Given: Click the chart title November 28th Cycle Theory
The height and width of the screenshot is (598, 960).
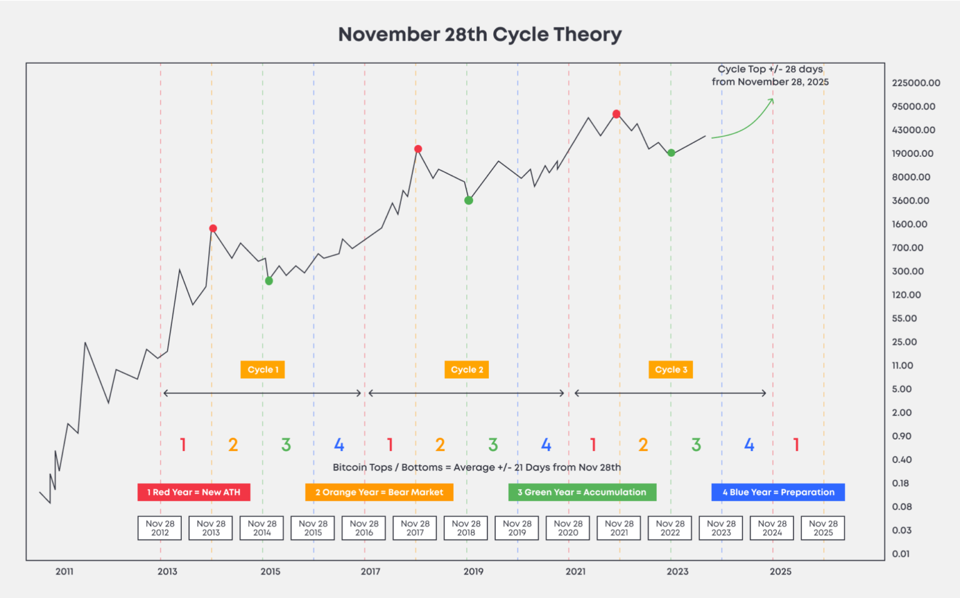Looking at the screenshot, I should tap(480, 34).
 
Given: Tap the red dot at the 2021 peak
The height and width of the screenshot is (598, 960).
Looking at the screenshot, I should tap(616, 114).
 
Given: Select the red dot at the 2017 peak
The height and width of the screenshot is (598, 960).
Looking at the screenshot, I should tap(418, 149).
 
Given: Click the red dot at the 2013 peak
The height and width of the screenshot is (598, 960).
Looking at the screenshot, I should tap(213, 229).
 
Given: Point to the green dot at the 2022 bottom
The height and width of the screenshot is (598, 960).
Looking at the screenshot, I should tap(671, 153).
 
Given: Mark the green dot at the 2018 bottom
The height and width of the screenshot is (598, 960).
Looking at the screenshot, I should tap(469, 201).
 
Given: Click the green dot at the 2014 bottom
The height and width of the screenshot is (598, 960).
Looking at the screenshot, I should tap(269, 281).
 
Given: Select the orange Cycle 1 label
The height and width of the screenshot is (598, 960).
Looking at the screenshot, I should tap(263, 369).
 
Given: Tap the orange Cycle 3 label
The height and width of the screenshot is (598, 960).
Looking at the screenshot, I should tap(671, 369).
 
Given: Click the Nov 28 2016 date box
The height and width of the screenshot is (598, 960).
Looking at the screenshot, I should tap(364, 528).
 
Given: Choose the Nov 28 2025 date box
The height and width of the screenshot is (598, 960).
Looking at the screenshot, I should tap(823, 528).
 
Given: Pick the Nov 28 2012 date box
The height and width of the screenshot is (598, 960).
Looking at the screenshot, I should tap(160, 528).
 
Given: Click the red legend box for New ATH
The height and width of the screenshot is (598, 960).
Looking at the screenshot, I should tap(194, 492).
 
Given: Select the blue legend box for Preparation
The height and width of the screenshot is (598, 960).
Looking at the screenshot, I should tap(778, 492).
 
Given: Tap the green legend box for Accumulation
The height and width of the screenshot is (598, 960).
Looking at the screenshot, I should tap(582, 492).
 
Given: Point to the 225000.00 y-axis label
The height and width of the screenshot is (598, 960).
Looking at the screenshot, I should tap(916, 83).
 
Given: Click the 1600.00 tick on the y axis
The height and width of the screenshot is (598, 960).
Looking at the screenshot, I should tap(909, 224).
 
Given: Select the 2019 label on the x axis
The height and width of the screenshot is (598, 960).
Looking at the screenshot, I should tap(473, 571).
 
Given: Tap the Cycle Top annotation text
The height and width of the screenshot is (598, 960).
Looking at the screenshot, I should tap(770, 76).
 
